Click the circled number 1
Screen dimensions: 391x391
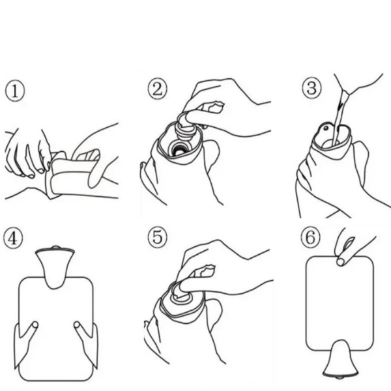pos(15,91)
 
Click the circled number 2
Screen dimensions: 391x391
pos(157,89)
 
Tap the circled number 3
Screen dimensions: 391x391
pos(311,88)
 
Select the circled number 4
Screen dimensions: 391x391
pos(13,239)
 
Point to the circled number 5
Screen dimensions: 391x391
pos(157,237)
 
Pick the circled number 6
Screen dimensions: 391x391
pos(310,237)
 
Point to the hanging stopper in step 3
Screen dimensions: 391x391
pos(326,129)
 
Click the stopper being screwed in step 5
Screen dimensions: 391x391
pos(181,294)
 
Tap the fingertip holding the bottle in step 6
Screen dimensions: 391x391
pos(340,262)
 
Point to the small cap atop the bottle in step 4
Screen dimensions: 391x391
pos(55,248)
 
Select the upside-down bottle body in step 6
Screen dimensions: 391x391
pos(340,303)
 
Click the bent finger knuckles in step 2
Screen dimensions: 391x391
pos(211,106)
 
